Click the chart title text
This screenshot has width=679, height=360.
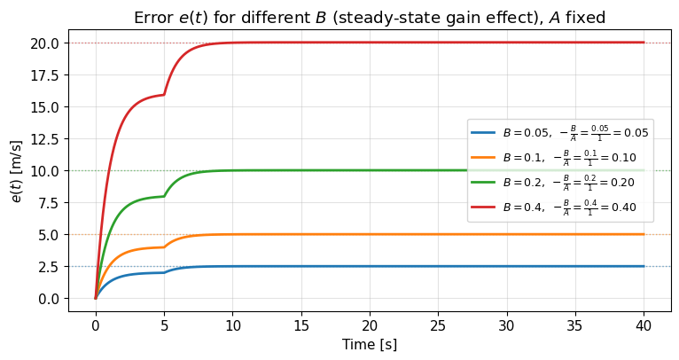click(x=369, y=17)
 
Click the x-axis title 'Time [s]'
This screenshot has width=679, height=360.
click(x=369, y=344)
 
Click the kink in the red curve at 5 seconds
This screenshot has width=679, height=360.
click(x=164, y=94)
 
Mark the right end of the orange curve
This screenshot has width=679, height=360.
click(x=644, y=234)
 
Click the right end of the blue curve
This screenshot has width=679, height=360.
click(x=644, y=266)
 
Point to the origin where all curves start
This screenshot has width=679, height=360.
click(x=96, y=298)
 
